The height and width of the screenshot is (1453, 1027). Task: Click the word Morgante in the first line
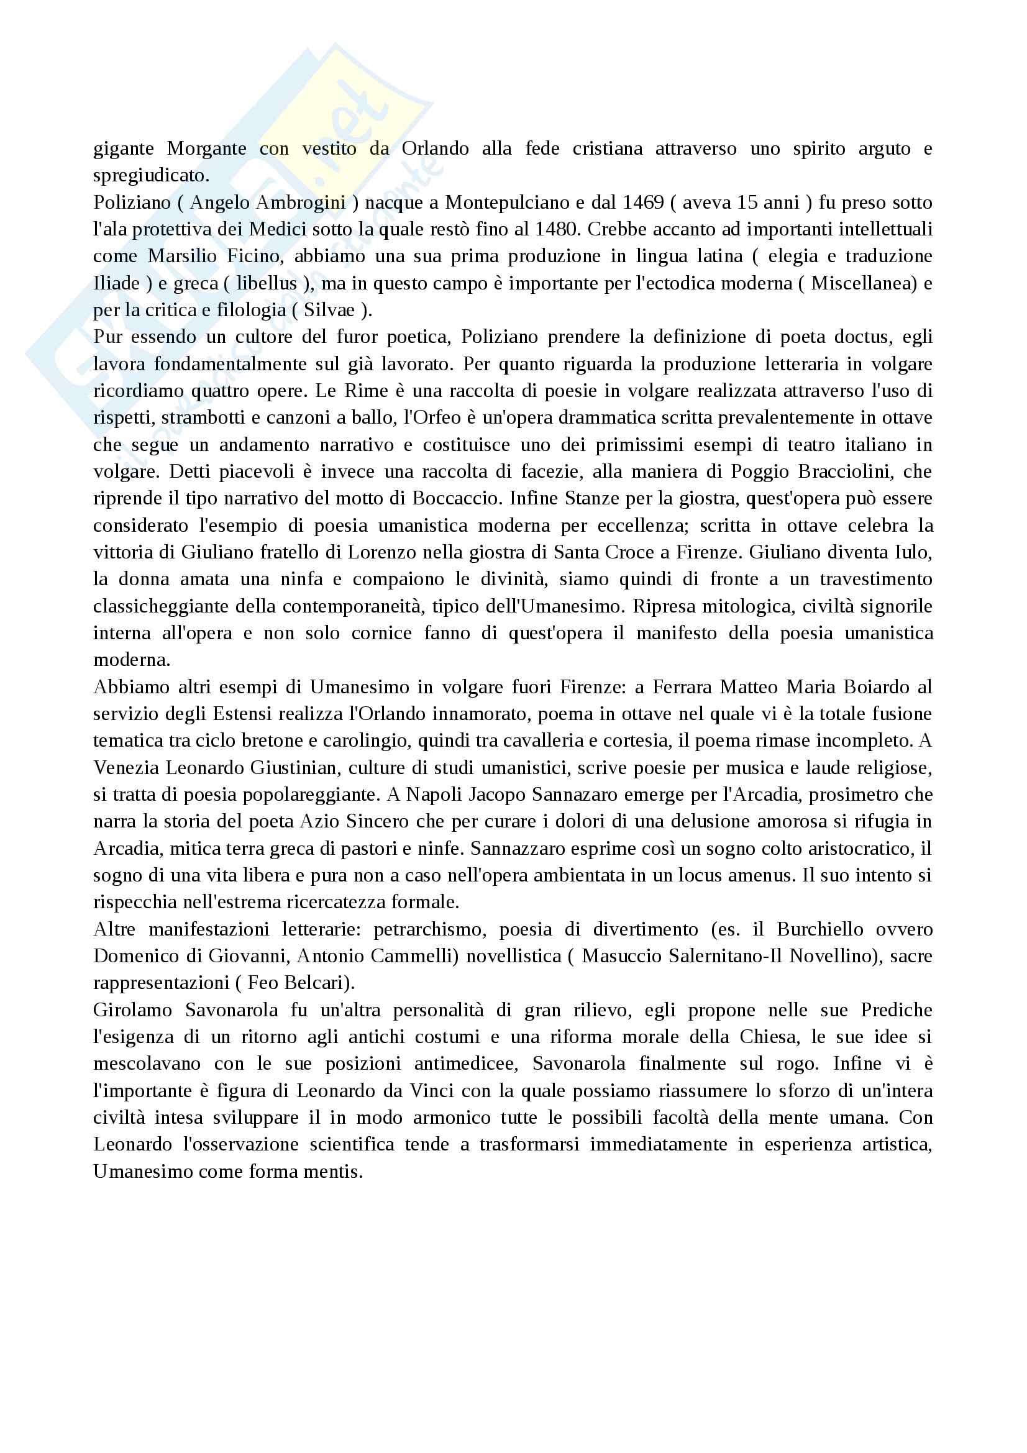click(206, 148)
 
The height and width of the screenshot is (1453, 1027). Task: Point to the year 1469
click(643, 203)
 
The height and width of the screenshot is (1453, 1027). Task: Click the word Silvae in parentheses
click(329, 310)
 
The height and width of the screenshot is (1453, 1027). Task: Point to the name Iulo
click(912, 552)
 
